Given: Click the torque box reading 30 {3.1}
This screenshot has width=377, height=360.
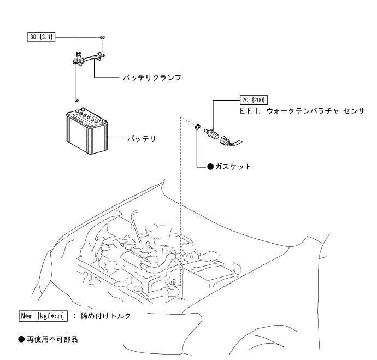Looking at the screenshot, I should click(42, 37).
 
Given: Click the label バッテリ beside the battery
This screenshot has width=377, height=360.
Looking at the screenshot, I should click(141, 139).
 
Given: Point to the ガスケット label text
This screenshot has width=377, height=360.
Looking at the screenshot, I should click(229, 167).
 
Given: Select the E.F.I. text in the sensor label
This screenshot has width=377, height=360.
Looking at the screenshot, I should click(250, 110).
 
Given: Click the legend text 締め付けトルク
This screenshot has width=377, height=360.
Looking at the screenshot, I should click(105, 315).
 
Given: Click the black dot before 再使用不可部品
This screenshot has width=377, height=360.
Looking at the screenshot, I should click(21, 339).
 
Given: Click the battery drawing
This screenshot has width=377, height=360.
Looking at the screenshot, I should click(86, 132).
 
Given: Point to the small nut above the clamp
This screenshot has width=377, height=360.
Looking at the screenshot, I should click(103, 37).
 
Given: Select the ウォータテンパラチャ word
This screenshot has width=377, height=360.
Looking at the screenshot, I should click(299, 110).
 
